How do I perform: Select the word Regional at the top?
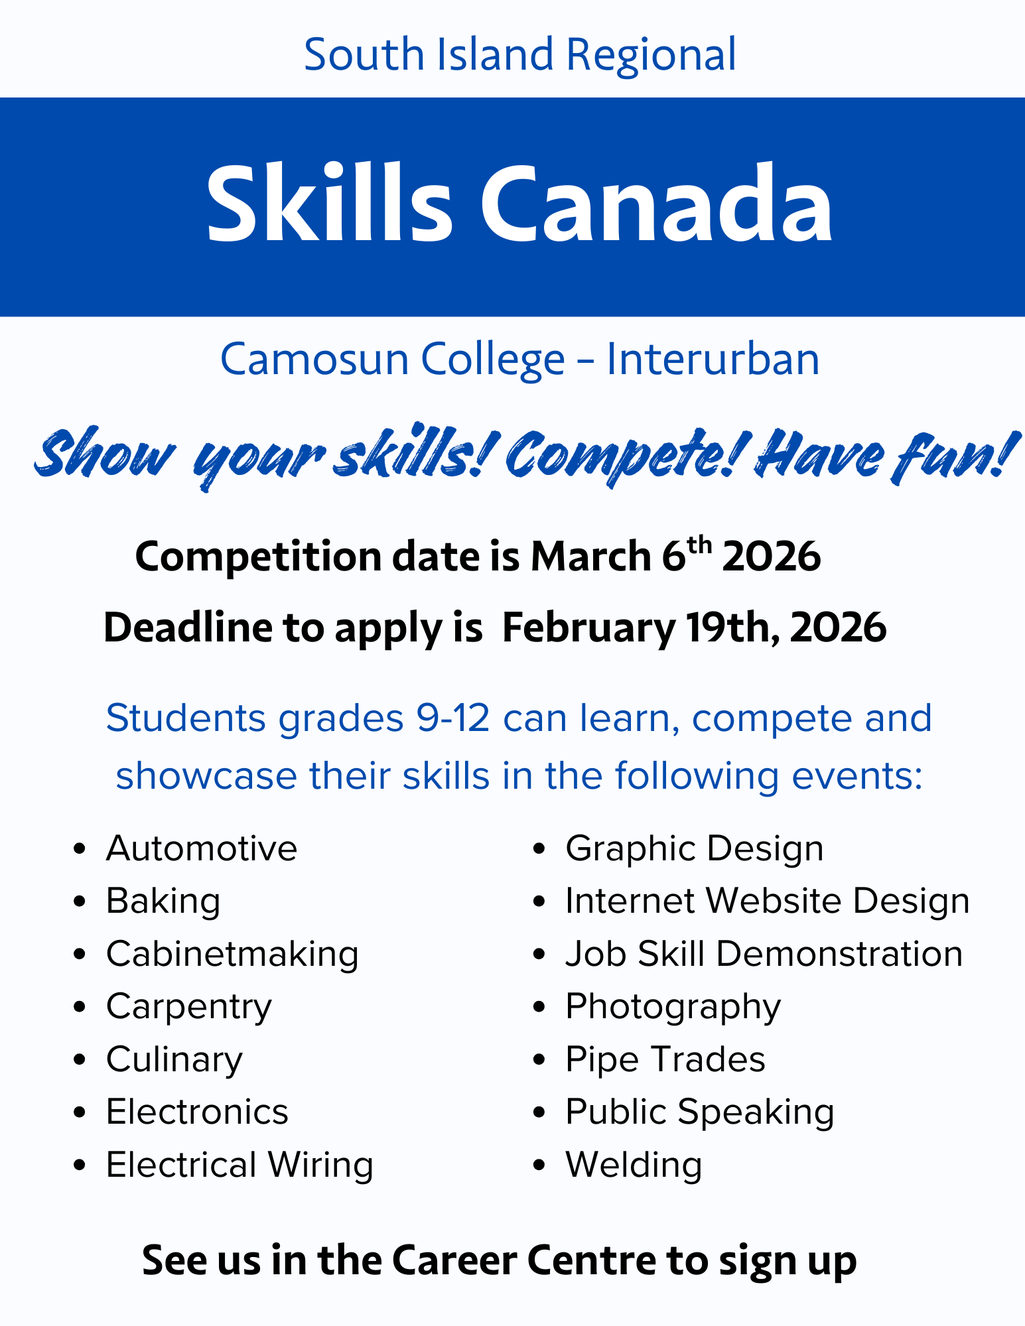[x=651, y=54]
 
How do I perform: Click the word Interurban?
[x=713, y=360]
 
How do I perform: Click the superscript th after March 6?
[x=699, y=545]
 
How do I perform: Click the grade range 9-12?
[x=453, y=718]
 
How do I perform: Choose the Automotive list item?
[x=202, y=848]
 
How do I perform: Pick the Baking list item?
[x=163, y=901]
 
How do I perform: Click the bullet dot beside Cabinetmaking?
[x=80, y=955]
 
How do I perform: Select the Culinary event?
[x=174, y=1059]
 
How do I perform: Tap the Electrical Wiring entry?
[x=239, y=1165]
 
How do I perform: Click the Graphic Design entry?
[x=694, y=848]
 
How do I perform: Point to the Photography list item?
[x=673, y=1007]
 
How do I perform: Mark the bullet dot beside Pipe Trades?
[x=539, y=1060]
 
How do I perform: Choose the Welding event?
[x=634, y=1165]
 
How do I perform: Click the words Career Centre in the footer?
[x=525, y=1260]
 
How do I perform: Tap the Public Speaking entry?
[x=699, y=1112]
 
